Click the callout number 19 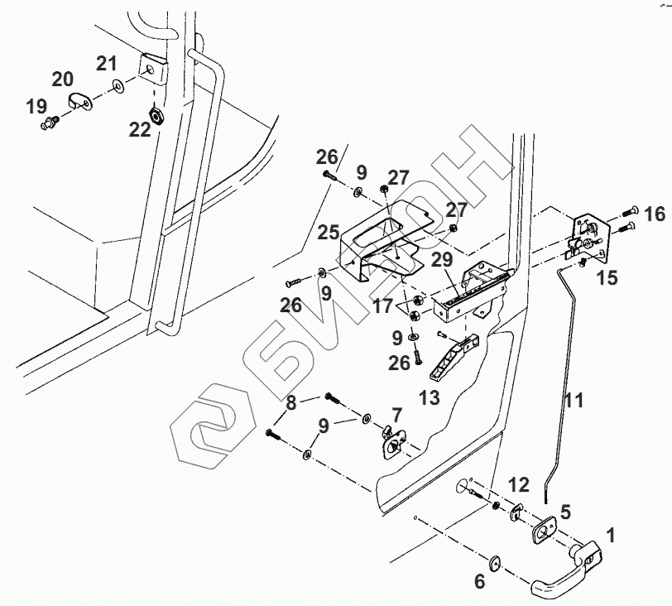tap(36, 106)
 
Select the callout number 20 tap(62, 79)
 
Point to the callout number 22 tap(139, 129)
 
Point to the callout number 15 tap(607, 278)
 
